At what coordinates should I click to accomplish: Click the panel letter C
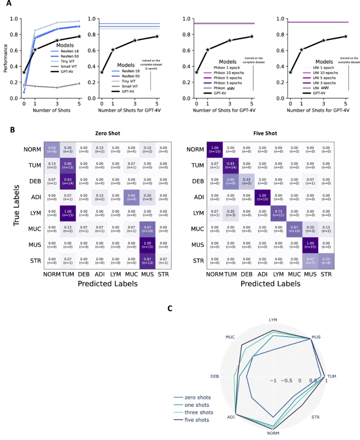[x=171, y=308]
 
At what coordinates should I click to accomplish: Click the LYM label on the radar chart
[x=273, y=320]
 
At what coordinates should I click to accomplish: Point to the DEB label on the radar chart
[x=214, y=376]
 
